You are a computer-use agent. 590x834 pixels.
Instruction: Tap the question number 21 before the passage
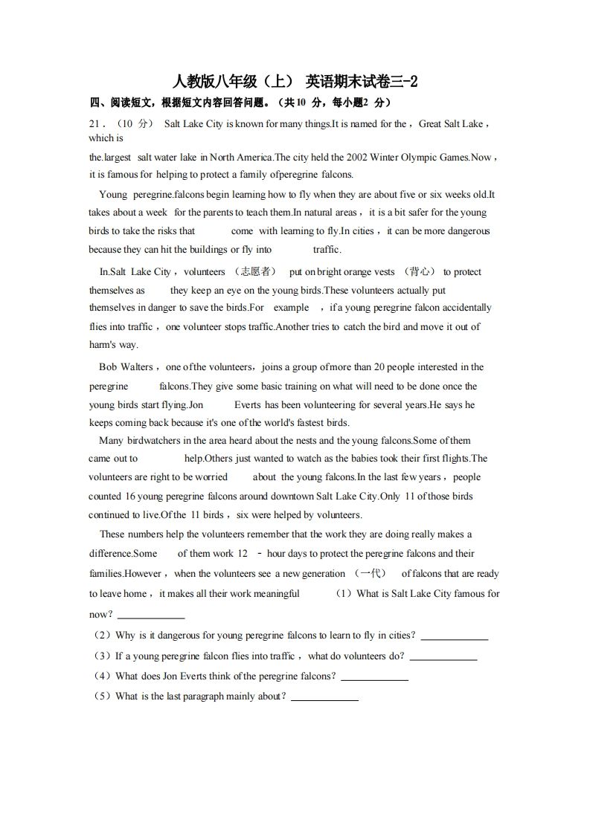click(94, 124)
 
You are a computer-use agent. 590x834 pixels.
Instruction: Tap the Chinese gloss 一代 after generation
click(370, 573)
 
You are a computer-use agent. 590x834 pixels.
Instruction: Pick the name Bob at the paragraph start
click(109, 367)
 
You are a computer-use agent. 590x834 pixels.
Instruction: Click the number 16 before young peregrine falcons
click(131, 497)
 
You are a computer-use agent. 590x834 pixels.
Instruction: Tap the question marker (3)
click(100, 656)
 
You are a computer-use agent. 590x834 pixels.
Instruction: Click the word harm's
click(103, 345)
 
